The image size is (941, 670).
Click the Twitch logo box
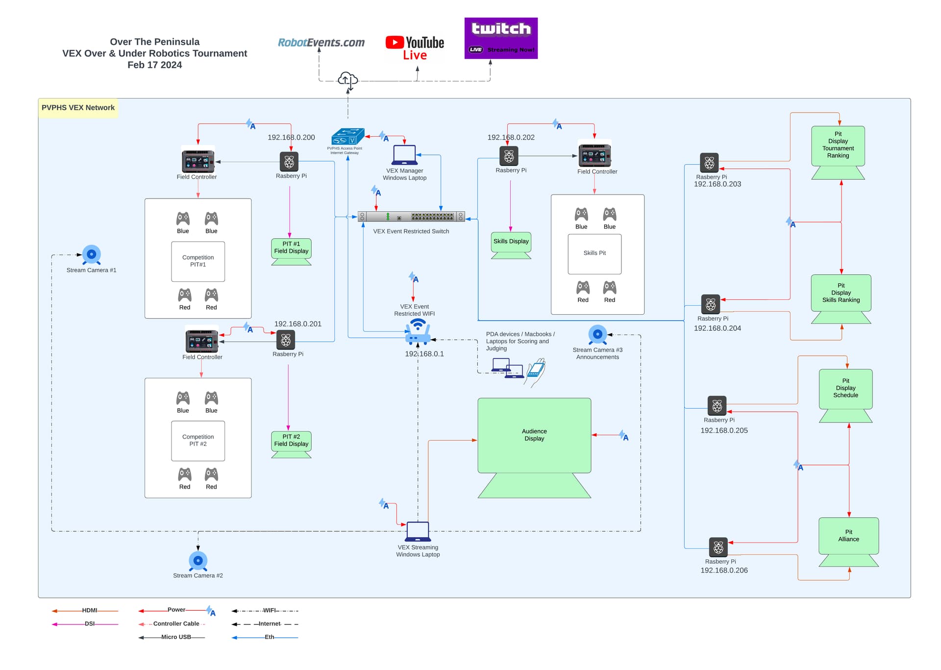pyautogui.click(x=501, y=38)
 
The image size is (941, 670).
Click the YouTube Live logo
pyautogui.click(x=415, y=48)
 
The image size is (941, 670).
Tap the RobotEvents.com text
pyautogui.click(x=321, y=43)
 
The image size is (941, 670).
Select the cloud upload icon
pyautogui.click(x=347, y=79)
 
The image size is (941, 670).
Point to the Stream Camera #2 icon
pyautogui.click(x=198, y=560)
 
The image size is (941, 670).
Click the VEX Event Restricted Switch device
pyautogui.click(x=411, y=217)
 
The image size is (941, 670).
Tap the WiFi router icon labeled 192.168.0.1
pyautogui.click(x=418, y=331)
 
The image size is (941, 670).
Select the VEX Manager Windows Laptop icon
pyautogui.click(x=404, y=155)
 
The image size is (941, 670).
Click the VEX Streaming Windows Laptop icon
pyautogui.click(x=418, y=532)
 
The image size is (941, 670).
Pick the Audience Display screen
pyautogui.click(x=534, y=435)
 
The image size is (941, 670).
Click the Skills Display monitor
pyautogui.click(x=511, y=242)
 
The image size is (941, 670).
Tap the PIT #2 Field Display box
pyautogui.click(x=291, y=441)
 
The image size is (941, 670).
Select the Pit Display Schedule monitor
pyautogui.click(x=845, y=388)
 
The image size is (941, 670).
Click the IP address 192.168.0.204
pyautogui.click(x=717, y=328)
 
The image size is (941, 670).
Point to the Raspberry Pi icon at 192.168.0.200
pyautogui.click(x=289, y=162)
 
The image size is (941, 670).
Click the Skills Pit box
pyautogui.click(x=594, y=254)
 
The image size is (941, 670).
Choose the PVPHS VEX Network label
pyautogui.click(x=78, y=108)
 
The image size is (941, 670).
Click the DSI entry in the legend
pyautogui.click(x=89, y=624)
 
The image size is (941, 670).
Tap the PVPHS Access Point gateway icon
pyautogui.click(x=347, y=137)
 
